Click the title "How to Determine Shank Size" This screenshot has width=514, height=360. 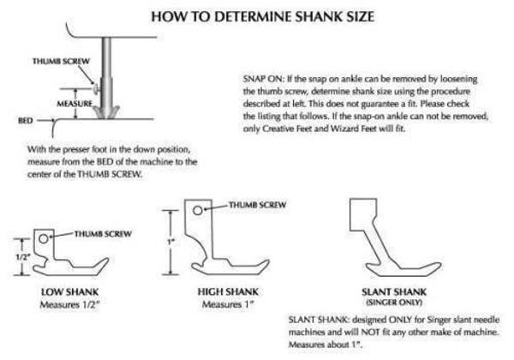coord(263,17)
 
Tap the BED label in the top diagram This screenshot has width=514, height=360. coord(25,121)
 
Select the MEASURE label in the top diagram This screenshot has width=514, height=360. coord(75,104)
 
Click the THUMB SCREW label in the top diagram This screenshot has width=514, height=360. coord(61,61)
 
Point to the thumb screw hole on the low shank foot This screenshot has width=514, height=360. coord(44,238)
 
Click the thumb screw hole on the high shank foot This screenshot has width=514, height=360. coord(198,210)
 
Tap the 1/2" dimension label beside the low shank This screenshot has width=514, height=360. coord(23,257)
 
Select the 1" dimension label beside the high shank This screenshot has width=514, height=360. coord(170,242)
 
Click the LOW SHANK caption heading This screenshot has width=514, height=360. coord(70,291)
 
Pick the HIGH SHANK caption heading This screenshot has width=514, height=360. coord(228,291)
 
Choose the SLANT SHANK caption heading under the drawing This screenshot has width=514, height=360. coord(394,291)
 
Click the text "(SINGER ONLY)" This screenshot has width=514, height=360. coord(394,303)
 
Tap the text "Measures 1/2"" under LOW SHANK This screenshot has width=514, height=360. coord(69,305)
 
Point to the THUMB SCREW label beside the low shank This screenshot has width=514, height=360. coord(103,234)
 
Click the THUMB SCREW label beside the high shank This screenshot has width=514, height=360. coord(258,205)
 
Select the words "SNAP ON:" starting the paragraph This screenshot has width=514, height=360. coord(263,79)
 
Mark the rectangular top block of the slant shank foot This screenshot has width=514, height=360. coord(363,214)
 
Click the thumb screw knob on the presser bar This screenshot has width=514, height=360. coord(95,89)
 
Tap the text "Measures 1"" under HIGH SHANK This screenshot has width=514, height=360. coord(228,305)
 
